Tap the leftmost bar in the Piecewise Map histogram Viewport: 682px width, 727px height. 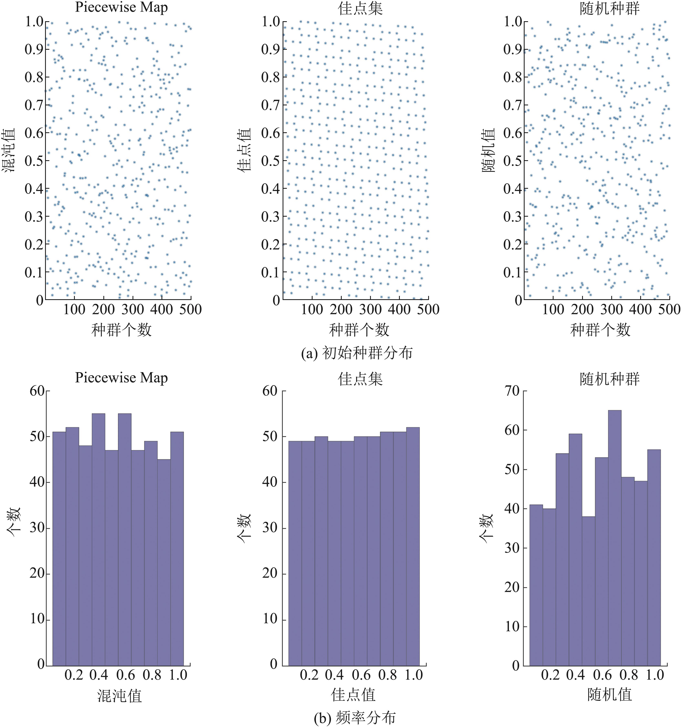(59, 548)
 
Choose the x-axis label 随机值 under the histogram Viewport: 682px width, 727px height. (610, 694)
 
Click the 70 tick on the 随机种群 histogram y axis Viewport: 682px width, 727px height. (512, 391)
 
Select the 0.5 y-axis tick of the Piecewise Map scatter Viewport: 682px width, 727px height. (34, 161)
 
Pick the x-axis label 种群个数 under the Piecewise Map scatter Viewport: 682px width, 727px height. (122, 330)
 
